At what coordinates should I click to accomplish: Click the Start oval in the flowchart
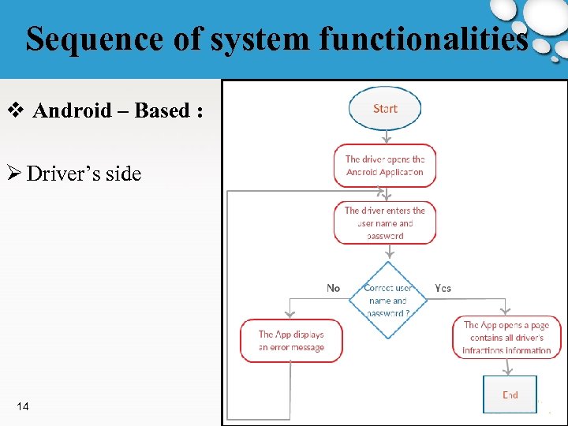[x=385, y=108]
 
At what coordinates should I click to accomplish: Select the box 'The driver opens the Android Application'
[x=385, y=166]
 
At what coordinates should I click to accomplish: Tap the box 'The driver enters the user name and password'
[x=385, y=222]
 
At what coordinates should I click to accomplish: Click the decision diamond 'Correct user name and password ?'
[x=387, y=300]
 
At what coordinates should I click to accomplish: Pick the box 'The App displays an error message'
[x=291, y=340]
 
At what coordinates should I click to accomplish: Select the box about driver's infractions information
[x=506, y=337]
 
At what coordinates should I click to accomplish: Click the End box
[x=510, y=394]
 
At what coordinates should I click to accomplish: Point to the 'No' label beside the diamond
[x=334, y=288]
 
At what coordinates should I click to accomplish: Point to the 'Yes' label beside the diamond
[x=443, y=288]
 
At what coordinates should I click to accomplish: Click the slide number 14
[x=23, y=406]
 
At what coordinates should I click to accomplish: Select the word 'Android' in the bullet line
[x=73, y=110]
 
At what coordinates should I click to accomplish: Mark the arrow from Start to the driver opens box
[x=385, y=136]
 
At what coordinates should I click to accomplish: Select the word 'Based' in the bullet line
[x=162, y=110]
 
